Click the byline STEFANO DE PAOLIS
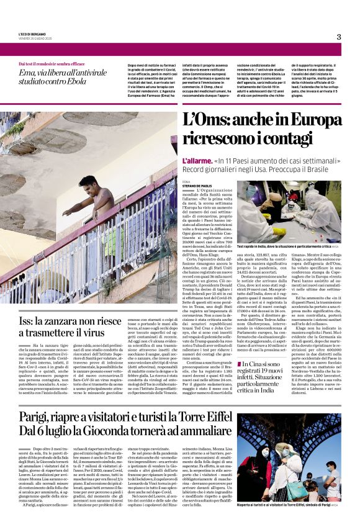click(x=197, y=184)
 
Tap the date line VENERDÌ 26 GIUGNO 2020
click(x=35, y=38)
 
